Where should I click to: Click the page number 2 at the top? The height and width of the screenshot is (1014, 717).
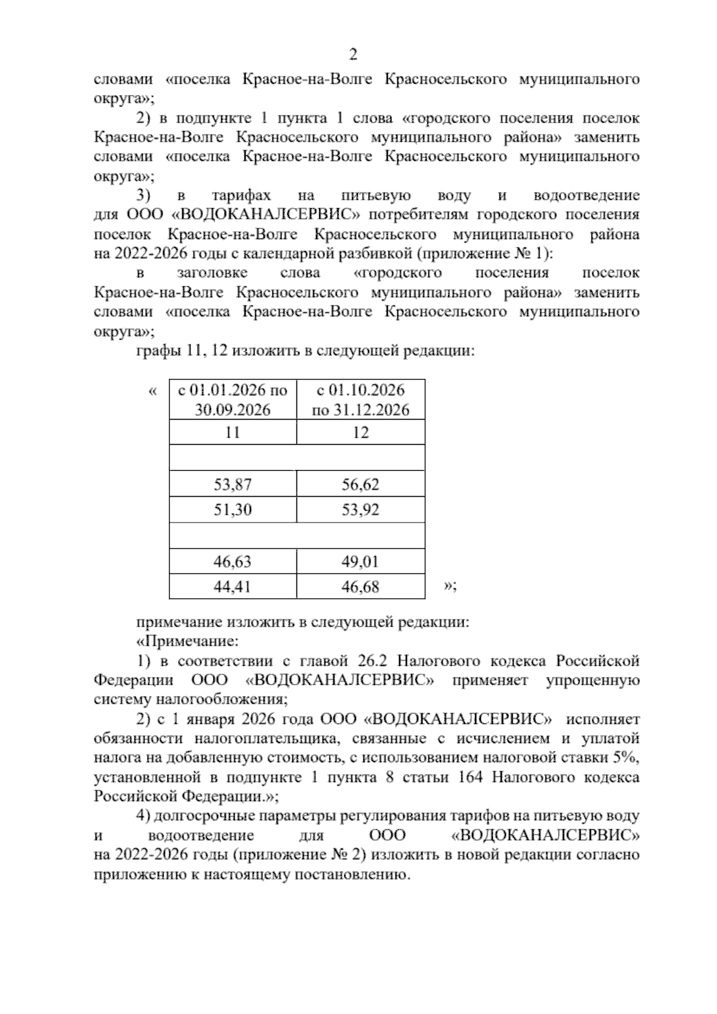pyautogui.click(x=353, y=55)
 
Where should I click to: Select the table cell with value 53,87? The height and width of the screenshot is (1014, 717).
pyautogui.click(x=233, y=484)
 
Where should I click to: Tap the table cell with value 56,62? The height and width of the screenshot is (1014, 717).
pyautogui.click(x=360, y=484)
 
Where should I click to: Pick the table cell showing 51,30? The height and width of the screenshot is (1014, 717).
pyautogui.click(x=233, y=510)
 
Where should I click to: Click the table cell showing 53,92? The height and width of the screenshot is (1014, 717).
pyautogui.click(x=360, y=510)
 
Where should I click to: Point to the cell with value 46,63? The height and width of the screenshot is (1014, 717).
pyautogui.click(x=233, y=561)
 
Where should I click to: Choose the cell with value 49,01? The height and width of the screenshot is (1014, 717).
pyautogui.click(x=360, y=561)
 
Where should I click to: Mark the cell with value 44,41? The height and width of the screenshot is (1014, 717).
pyautogui.click(x=233, y=587)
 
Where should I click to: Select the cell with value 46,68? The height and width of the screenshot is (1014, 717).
pyautogui.click(x=360, y=587)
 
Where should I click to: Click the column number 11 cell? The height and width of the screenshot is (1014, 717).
pyautogui.click(x=233, y=432)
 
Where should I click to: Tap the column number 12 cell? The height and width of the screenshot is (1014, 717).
pyautogui.click(x=360, y=432)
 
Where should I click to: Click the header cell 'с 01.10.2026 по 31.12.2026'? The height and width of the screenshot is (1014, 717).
pyautogui.click(x=360, y=400)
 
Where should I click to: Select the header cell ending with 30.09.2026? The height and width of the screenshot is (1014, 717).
pyautogui.click(x=233, y=400)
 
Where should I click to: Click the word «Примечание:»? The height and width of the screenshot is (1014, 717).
pyautogui.click(x=188, y=642)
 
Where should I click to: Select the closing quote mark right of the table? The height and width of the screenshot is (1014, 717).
pyautogui.click(x=449, y=587)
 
